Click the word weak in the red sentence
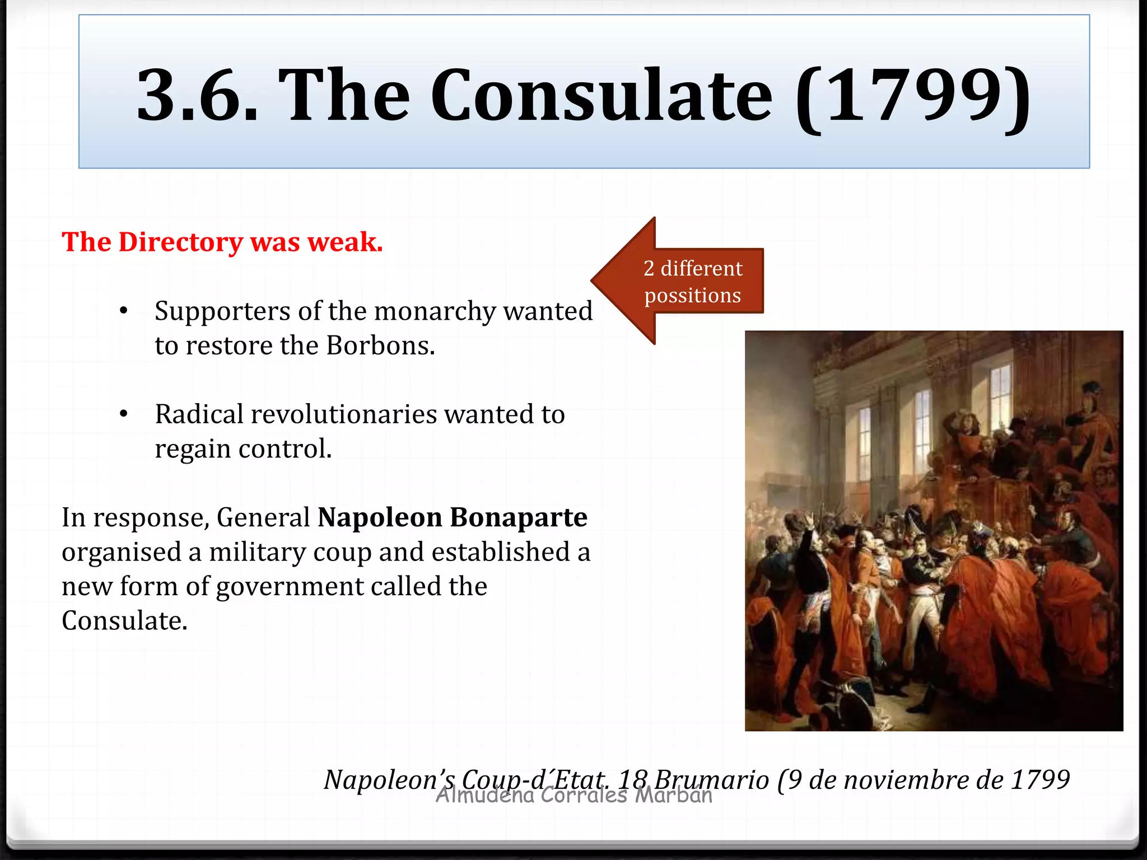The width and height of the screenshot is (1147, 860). (x=345, y=242)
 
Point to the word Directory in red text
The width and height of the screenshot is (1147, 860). (x=180, y=242)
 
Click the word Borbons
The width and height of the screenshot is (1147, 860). (x=380, y=345)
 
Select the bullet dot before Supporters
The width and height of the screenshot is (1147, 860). (x=124, y=311)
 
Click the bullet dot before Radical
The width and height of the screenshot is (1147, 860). (x=124, y=414)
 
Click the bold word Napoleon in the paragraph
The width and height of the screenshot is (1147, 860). (x=380, y=517)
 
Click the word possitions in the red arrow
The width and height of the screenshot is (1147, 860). (x=692, y=295)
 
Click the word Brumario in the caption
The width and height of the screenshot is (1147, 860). (x=711, y=779)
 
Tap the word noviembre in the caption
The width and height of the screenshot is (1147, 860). (x=906, y=779)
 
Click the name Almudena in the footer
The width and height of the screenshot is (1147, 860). (x=485, y=795)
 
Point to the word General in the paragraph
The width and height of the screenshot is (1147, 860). (x=263, y=517)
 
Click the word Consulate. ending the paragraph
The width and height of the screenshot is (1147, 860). (x=124, y=621)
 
